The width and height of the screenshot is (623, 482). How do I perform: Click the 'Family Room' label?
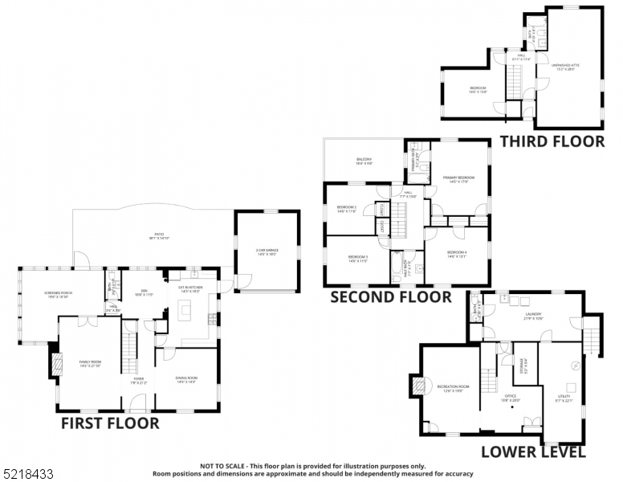tap(90, 363)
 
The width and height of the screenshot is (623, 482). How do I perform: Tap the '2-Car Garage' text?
tap(267, 251)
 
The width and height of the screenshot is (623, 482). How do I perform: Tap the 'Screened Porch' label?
tap(59, 293)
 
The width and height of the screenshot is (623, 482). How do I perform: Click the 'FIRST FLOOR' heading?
tap(110, 423)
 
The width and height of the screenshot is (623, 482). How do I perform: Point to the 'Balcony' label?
tap(364, 159)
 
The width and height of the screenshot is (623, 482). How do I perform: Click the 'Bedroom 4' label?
tap(457, 254)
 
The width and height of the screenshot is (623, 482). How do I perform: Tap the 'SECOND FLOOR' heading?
tap(391, 297)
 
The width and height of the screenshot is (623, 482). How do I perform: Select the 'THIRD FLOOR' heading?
tap(552, 142)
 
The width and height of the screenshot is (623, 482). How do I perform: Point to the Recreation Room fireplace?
tap(417, 386)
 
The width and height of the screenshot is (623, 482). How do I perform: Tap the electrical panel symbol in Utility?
tap(575, 366)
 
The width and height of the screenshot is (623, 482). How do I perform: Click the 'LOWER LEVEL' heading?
tap(533, 452)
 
